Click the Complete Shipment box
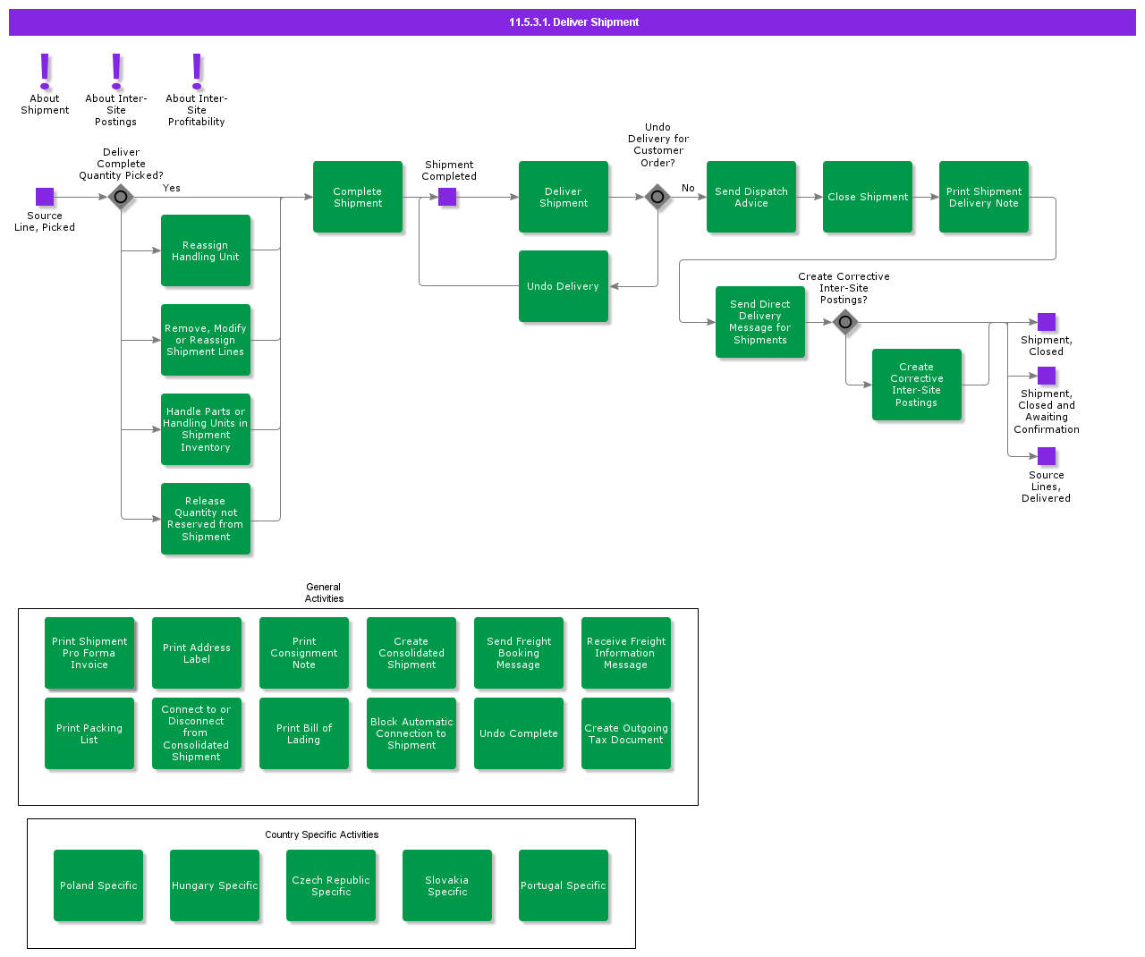(357, 197)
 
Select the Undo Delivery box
(563, 285)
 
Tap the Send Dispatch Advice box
(751, 197)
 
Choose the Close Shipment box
(867, 197)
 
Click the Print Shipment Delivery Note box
(983, 197)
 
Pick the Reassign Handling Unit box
(205, 250)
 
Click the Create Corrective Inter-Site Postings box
(916, 384)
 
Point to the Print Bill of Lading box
(303, 733)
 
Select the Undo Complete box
(518, 733)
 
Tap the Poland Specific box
(98, 885)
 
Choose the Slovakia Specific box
(447, 885)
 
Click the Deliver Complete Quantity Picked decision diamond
(121, 197)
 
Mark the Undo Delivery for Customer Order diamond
(657, 197)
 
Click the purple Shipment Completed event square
(447, 197)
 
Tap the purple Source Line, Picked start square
(45, 197)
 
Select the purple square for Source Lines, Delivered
(1046, 456)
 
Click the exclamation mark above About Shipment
(45, 71)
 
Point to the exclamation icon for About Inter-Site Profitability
(197, 71)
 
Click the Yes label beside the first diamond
(171, 188)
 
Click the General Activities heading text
(324, 592)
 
